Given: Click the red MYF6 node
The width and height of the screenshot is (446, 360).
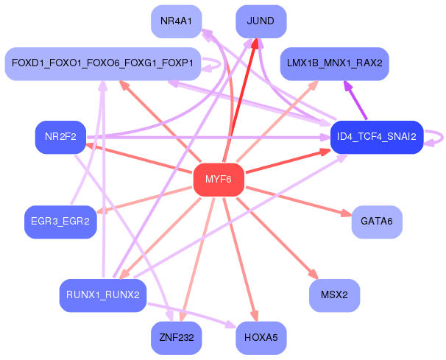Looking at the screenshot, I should (x=218, y=180).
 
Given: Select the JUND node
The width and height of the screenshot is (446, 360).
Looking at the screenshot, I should (x=261, y=21).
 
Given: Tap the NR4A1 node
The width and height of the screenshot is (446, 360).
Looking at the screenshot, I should (x=176, y=21).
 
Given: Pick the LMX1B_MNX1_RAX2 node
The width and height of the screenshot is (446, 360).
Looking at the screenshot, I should (x=333, y=64).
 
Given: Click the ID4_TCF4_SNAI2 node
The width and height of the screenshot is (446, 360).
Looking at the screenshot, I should (x=376, y=137).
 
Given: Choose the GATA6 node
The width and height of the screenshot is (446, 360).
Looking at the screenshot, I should (x=377, y=222).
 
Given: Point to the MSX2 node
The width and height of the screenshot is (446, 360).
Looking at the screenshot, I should (x=334, y=295).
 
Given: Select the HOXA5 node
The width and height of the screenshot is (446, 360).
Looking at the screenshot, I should (x=261, y=339).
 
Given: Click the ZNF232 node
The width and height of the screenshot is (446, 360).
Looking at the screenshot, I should (x=176, y=339).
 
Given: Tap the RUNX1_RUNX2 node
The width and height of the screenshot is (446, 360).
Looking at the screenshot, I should (x=103, y=295).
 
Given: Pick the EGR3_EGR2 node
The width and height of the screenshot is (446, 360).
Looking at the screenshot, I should (x=60, y=221).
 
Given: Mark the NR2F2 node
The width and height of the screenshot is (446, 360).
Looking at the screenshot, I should (x=60, y=137).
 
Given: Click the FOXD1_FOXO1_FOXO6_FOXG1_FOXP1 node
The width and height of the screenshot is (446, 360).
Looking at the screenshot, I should (x=103, y=64).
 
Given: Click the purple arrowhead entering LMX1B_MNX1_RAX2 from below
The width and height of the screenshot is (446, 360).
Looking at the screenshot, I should (x=346, y=85).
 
